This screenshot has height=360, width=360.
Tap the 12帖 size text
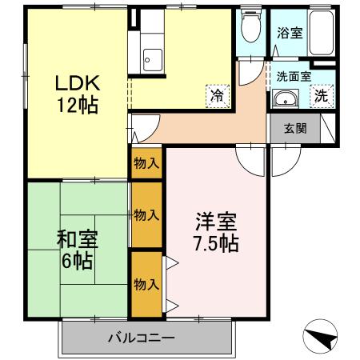[77, 105]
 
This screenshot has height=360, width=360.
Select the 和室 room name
[77, 238]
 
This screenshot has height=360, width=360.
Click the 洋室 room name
[217, 222]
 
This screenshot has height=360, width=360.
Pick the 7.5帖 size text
[217, 243]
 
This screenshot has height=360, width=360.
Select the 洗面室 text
[294, 78]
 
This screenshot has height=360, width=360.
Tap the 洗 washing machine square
[321, 96]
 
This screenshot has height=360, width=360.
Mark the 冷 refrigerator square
[217, 94]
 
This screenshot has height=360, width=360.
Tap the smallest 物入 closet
[146, 163]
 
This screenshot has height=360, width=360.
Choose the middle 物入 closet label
[146, 214]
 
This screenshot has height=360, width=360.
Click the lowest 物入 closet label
[146, 284]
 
